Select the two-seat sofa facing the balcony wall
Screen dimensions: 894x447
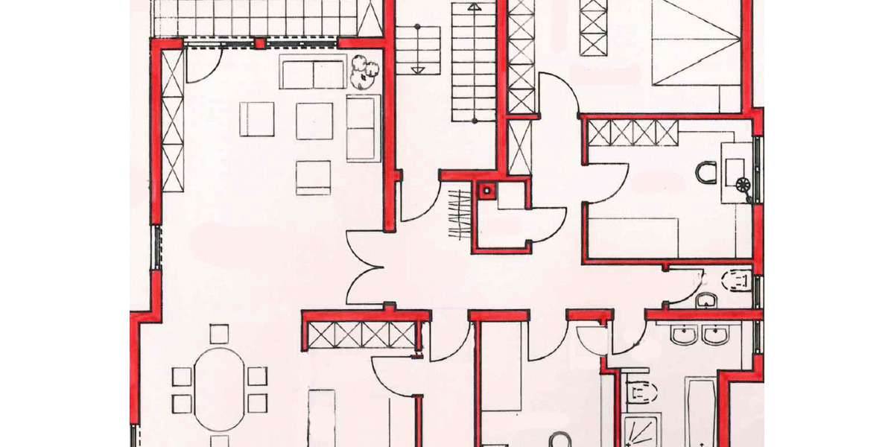pos(313,72)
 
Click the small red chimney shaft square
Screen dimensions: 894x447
pos(487,190)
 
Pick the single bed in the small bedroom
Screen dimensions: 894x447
pos(633,237)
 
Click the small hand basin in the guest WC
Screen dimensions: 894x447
pos(705,299)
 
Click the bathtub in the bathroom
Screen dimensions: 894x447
pos(700,413)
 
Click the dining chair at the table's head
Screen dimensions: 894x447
pos(219,332)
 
